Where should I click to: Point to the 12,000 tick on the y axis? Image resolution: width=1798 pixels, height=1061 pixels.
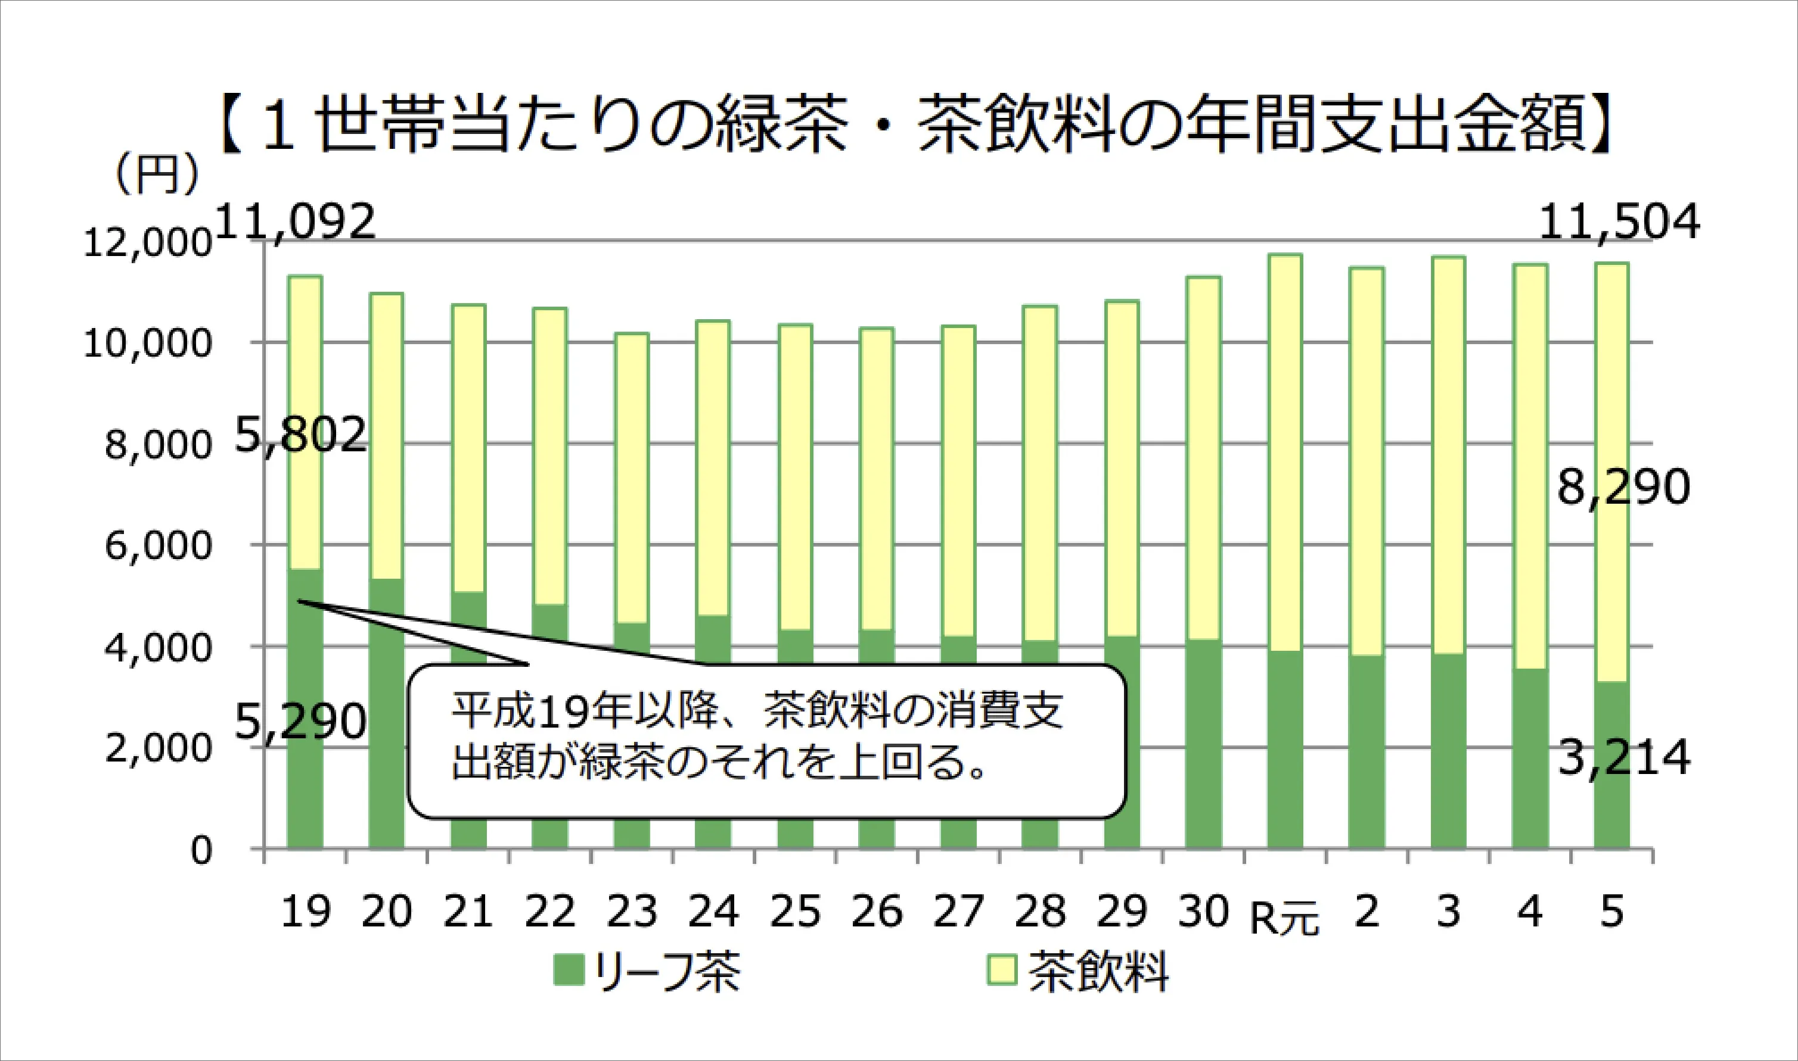(x=147, y=244)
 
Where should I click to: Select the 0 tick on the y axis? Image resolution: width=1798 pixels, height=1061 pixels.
(x=201, y=851)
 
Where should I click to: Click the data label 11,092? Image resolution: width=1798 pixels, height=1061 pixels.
(x=295, y=221)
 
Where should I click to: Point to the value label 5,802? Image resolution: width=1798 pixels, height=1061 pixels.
(x=300, y=434)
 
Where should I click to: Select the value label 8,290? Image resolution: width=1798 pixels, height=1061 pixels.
(x=1623, y=488)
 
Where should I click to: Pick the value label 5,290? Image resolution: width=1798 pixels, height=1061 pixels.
(x=300, y=723)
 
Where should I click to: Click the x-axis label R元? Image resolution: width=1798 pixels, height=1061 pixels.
(x=1284, y=919)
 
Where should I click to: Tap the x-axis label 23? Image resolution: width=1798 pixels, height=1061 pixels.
(x=632, y=912)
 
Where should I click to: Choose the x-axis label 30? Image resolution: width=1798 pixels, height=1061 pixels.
(x=1203, y=912)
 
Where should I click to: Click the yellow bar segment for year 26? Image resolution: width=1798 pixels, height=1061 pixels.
(x=877, y=479)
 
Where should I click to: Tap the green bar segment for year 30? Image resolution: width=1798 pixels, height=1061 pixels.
(x=1203, y=744)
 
